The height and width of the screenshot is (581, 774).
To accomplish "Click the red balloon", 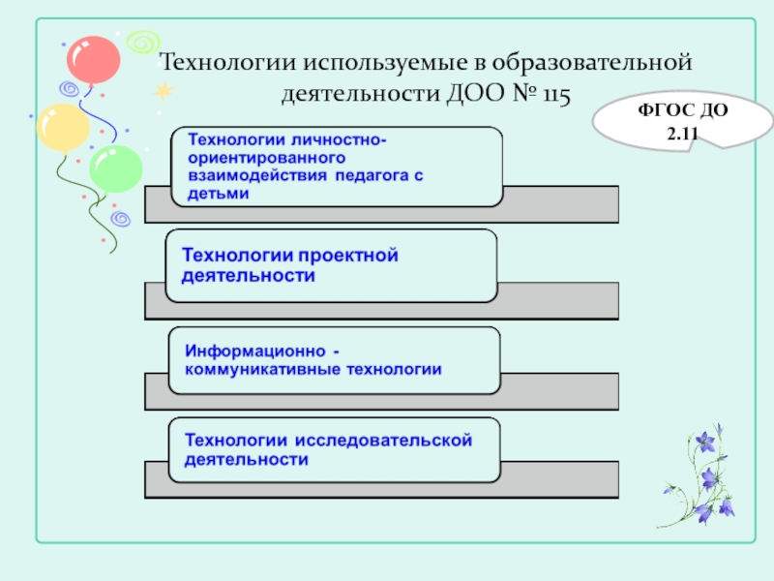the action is (x=93, y=60).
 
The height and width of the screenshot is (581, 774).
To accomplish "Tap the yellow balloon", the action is (x=62, y=125).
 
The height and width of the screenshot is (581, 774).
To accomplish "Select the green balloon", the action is (x=116, y=168).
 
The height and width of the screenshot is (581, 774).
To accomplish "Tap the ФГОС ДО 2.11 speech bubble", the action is (x=669, y=121).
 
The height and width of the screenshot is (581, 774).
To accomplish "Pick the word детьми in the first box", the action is (x=218, y=193).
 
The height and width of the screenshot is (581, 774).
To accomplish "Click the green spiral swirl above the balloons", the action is (x=144, y=42).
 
